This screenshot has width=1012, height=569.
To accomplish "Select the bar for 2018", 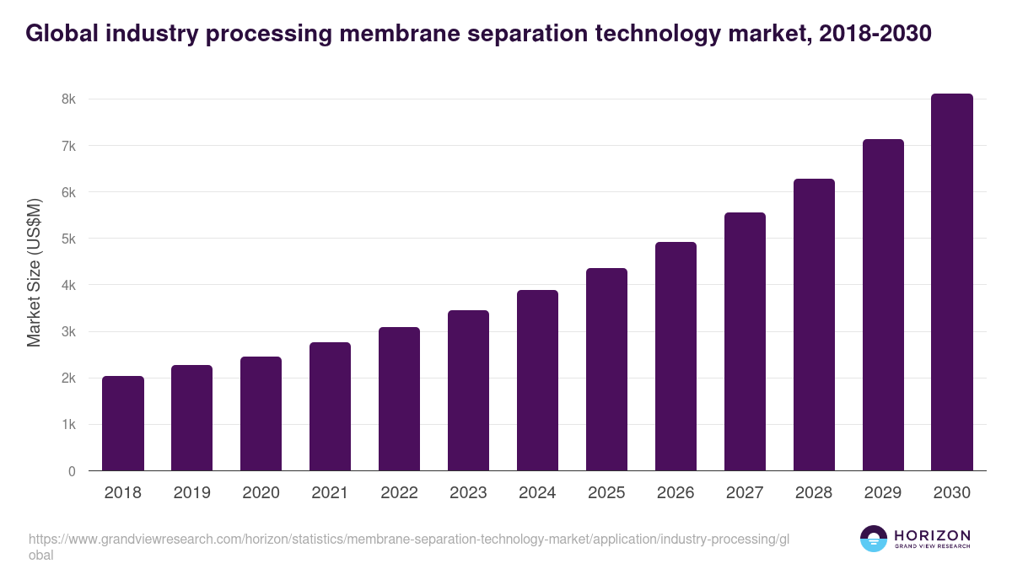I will pyautogui.click(x=123, y=423).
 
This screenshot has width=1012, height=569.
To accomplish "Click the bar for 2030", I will pyautogui.click(x=952, y=282).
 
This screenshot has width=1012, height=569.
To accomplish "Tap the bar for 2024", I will pyautogui.click(x=537, y=380).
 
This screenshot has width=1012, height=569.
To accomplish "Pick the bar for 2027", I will pyautogui.click(x=745, y=341).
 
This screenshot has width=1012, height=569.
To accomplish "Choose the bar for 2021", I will pyautogui.click(x=330, y=406).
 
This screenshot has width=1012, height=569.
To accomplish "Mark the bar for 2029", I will pyautogui.click(x=883, y=305).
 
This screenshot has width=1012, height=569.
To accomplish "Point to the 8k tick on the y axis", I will pyautogui.click(x=68, y=99).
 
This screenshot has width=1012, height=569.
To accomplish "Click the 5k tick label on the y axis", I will pyautogui.click(x=68, y=239).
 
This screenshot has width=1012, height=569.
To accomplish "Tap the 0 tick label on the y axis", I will pyautogui.click(x=72, y=471).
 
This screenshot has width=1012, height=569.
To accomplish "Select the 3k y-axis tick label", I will pyautogui.click(x=68, y=332).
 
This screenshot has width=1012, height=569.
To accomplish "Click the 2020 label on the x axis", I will pyautogui.click(x=261, y=493).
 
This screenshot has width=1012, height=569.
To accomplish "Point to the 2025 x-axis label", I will pyautogui.click(x=606, y=493).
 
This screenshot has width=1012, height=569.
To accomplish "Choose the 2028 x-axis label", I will pyautogui.click(x=814, y=493).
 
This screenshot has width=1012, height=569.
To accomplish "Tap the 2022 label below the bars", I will pyautogui.click(x=399, y=493).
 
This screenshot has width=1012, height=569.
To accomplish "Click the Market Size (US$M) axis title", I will pyautogui.click(x=34, y=273).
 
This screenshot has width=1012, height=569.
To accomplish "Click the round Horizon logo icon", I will pyautogui.click(x=874, y=539).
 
